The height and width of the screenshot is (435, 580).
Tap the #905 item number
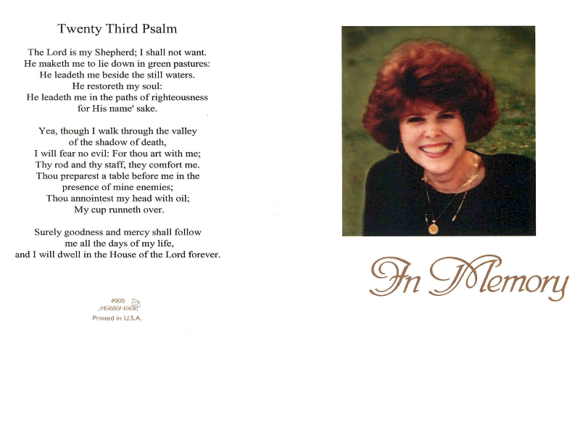117,300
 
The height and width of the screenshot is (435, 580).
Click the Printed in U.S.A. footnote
117,318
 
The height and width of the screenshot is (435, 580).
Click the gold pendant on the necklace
433,228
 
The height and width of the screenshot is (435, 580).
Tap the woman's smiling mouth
436,148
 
